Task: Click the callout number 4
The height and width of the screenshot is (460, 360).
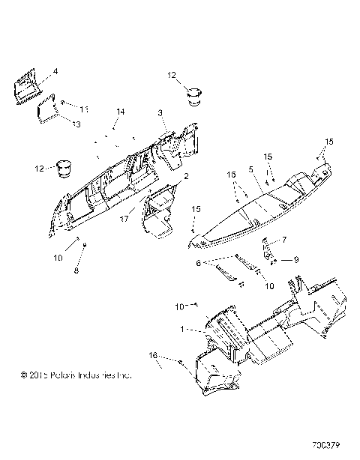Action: (x=55, y=72)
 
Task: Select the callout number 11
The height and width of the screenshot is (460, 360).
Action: (x=84, y=110)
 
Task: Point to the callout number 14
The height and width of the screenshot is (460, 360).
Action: (x=120, y=112)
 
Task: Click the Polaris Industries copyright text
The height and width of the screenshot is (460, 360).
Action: (x=76, y=374)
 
